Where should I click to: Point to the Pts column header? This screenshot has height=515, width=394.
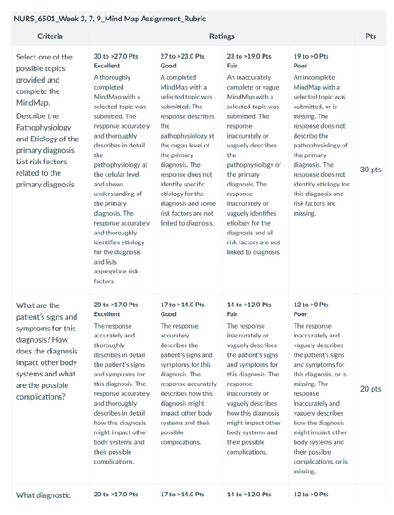(x=370, y=36)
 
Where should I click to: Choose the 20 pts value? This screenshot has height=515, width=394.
(x=370, y=389)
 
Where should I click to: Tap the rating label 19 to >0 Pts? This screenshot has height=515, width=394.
(x=317, y=56)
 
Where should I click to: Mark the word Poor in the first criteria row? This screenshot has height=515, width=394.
(x=303, y=67)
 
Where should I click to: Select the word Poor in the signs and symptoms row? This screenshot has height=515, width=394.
(x=303, y=314)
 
